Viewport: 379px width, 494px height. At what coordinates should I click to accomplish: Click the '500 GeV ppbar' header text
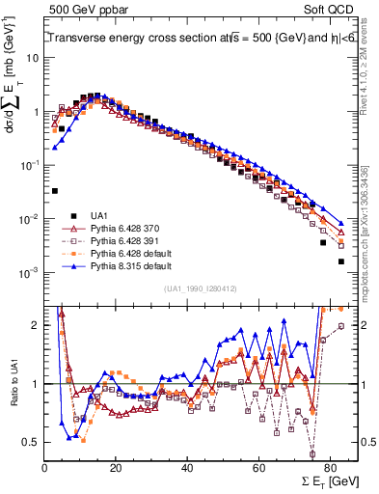click(x=80, y=9)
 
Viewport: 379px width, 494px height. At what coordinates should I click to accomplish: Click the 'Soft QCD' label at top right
click(x=328, y=9)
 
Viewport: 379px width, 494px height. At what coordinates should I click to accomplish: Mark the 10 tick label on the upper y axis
click(x=33, y=57)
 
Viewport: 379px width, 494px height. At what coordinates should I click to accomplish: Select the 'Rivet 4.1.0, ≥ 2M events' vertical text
click(x=365, y=72)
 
